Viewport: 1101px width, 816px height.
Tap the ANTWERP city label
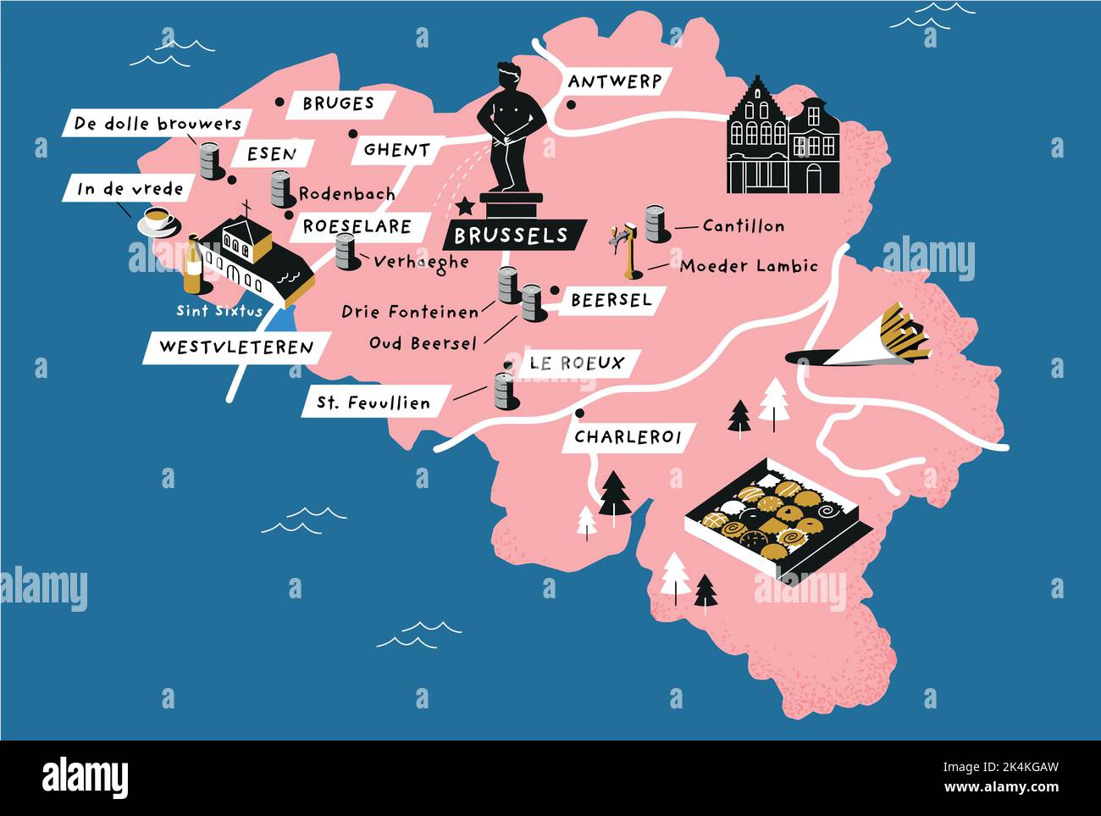614,82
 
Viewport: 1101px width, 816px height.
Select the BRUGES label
338,103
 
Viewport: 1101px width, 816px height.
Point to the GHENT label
396,150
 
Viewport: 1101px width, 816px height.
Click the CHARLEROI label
628,437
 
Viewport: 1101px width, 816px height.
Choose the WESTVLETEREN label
235,347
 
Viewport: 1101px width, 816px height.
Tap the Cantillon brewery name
743,226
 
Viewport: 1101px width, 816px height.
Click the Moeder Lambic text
749,266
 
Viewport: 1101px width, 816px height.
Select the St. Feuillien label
373,402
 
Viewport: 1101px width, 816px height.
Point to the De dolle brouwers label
158,124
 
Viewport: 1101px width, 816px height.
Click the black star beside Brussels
464,206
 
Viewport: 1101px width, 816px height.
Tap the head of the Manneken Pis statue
509,76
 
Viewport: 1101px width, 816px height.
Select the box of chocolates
777,519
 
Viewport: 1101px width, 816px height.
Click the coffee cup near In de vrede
157,222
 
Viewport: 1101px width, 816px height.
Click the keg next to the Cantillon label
656,223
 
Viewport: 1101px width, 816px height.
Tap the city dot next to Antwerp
571,106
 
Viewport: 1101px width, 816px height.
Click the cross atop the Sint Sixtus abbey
246,208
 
